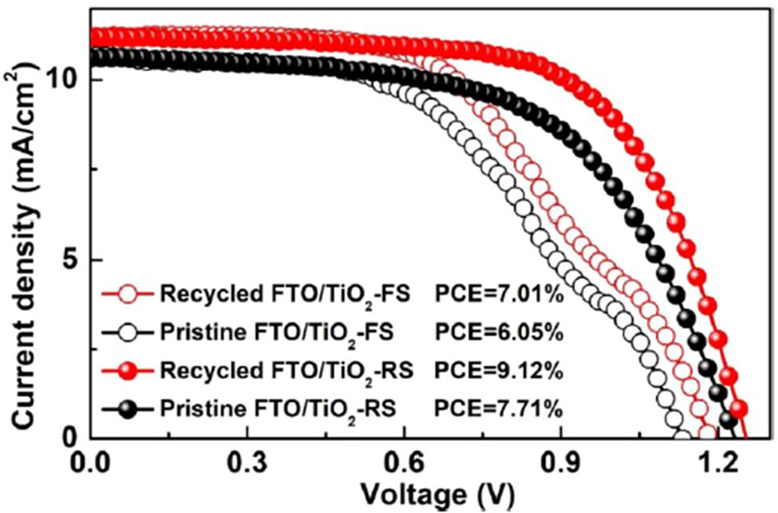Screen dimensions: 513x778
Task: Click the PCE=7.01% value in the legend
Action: (500, 296)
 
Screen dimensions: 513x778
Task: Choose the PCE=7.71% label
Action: (500, 409)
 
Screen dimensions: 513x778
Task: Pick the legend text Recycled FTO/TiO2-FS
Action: (286, 296)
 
